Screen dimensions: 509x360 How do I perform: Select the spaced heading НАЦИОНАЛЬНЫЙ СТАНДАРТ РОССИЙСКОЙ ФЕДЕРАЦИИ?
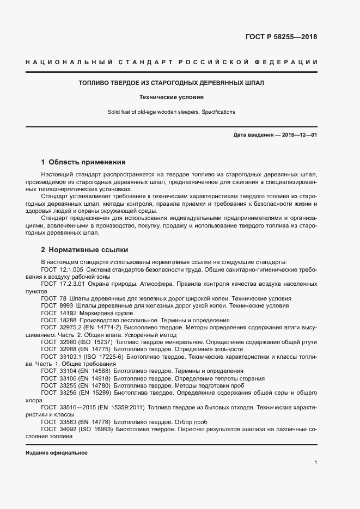click(x=172, y=63)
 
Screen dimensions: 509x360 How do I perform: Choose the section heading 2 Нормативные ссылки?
click(x=84, y=250)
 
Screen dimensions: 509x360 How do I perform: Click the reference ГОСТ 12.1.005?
click(x=62, y=270)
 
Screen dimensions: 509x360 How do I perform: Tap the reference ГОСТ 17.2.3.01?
click(x=64, y=284)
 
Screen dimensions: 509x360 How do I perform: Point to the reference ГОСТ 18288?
click(x=55, y=321)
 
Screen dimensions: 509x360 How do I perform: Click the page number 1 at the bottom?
click(x=316, y=463)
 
